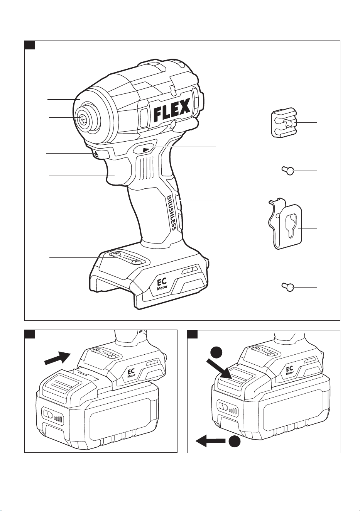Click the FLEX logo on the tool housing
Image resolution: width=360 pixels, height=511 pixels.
172,110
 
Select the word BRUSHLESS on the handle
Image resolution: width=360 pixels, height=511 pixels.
172,212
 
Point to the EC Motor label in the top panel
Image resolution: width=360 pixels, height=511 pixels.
162,284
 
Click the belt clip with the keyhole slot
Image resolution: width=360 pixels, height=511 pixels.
286,223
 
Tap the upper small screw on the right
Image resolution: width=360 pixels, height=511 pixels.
287,171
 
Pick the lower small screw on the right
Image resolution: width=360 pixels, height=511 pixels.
287,287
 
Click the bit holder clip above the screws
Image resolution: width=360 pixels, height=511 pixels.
284,122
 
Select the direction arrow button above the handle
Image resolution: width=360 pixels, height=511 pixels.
144,150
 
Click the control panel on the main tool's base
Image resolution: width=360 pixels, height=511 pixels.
127,258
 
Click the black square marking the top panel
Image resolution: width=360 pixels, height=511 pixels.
29,45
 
